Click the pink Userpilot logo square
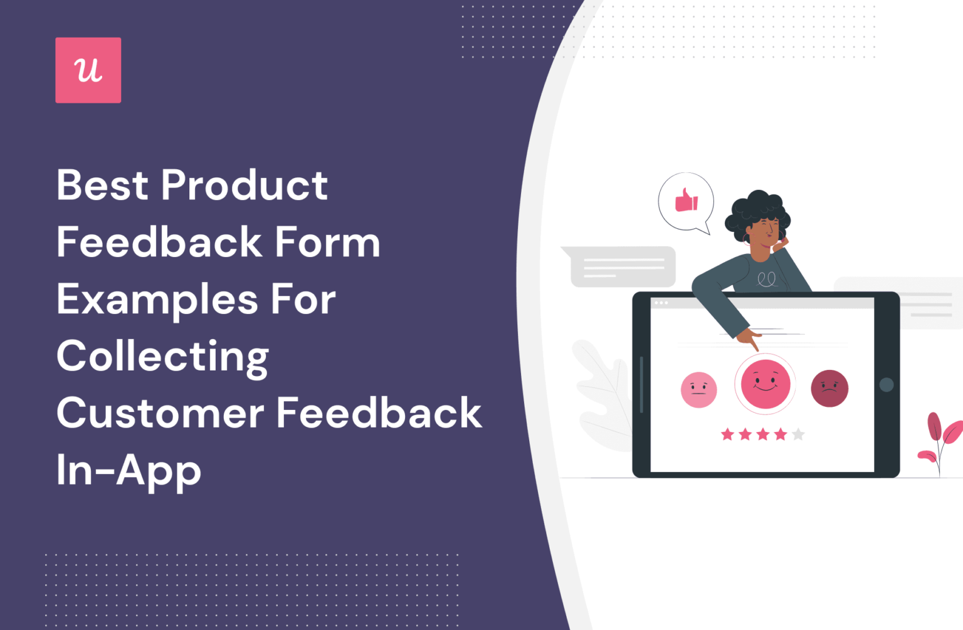coord(88,70)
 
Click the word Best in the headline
coord(103,186)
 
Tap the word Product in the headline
coord(245,186)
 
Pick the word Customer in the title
coord(160,414)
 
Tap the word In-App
coord(129,471)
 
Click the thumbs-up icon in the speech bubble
coord(686,201)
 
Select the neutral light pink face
coord(698,390)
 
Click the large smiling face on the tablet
coord(765,384)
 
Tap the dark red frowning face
coord(829,389)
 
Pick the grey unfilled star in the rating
coord(798,434)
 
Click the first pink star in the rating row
coord(727,434)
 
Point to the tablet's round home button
coord(887,384)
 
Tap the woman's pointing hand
coord(749,339)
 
